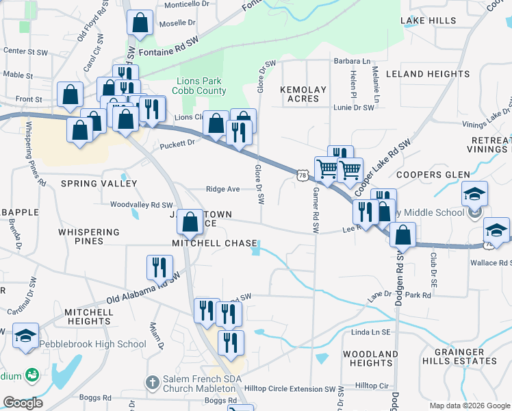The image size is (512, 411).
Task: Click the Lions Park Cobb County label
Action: (x=202, y=86)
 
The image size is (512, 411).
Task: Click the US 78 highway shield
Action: (x=302, y=176)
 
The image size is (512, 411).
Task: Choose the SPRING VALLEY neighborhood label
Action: (x=99, y=184)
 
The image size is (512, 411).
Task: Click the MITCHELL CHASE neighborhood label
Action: (x=214, y=243)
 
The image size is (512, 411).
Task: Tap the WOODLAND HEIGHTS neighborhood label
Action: (x=370, y=358)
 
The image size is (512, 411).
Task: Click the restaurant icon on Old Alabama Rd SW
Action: (x=159, y=268)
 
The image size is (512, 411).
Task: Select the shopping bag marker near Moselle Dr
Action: (x=140, y=23)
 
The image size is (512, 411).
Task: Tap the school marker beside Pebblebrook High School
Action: (x=25, y=336)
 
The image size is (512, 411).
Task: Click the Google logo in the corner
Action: (x=23, y=403)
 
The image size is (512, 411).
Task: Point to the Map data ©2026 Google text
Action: (x=470, y=406)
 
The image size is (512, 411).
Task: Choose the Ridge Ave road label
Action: (x=223, y=189)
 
